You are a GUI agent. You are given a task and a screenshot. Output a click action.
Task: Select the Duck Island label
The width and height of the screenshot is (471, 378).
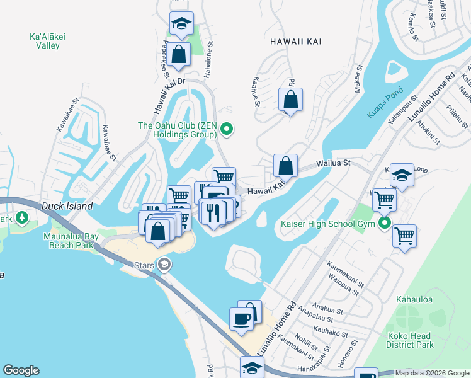tap(67, 206)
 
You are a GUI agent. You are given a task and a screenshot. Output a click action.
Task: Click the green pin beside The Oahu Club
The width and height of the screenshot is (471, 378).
tap(227, 130)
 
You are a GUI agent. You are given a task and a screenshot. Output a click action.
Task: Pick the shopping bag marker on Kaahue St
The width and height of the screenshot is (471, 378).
tap(290, 100)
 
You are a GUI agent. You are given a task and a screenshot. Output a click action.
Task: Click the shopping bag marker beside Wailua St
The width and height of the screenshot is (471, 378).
tap(285, 166)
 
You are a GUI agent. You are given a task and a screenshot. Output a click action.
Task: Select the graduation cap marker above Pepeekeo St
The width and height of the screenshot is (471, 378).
tap(181, 24)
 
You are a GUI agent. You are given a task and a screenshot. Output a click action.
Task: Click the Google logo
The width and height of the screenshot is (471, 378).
tap(21, 370)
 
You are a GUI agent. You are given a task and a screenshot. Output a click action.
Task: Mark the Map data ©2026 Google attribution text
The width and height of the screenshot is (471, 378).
tap(432, 373)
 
